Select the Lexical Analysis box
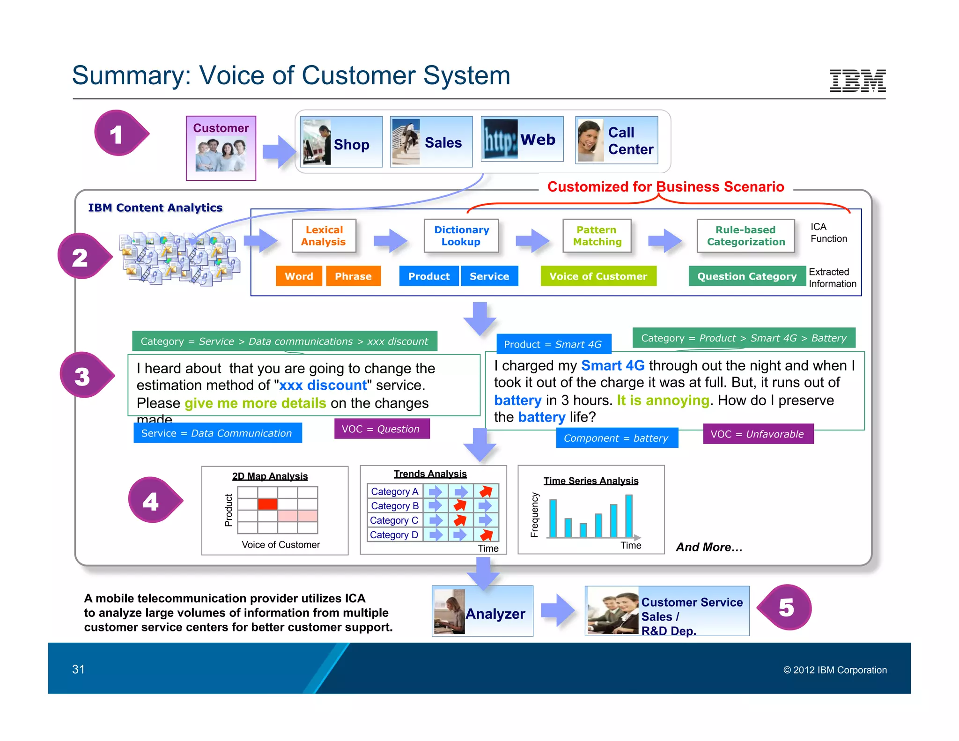pyautogui.click(x=324, y=236)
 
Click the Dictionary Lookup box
pyautogui.click(x=461, y=236)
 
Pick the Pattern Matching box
pyautogui.click(x=597, y=236)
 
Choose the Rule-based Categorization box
pyautogui.click(x=745, y=236)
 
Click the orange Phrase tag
pyautogui.click(x=353, y=276)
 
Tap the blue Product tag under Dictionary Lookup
pyautogui.click(x=428, y=276)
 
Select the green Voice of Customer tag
pyautogui.click(x=598, y=276)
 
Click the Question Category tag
pyautogui.click(x=746, y=276)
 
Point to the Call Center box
pyautogui.click(x=616, y=141)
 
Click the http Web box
pyautogui.click(x=522, y=139)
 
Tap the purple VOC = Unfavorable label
pyautogui.click(x=758, y=434)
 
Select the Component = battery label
pyautogui.click(x=616, y=438)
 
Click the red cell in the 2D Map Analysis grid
pyautogui.click(x=267, y=504)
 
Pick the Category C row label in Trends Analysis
pyautogui.click(x=394, y=520)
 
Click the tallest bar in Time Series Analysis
pyautogui.click(x=629, y=516)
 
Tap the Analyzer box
pyautogui.click(x=482, y=611)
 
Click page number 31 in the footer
pyautogui.click(x=78, y=669)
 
